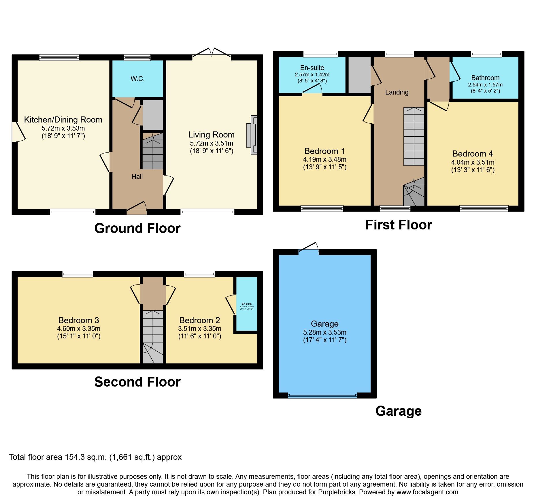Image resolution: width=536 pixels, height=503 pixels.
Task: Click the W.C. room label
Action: point(137,79)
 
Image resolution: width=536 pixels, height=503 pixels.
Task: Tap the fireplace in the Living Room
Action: point(252,135)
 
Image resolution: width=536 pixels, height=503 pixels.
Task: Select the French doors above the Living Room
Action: point(212,53)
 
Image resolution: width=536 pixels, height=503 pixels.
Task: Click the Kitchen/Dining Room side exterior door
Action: point(17,132)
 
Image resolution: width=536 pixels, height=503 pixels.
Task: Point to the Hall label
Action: point(137,177)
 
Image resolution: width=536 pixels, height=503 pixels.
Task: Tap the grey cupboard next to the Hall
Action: point(153,115)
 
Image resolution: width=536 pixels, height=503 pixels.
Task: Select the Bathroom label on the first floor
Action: point(485,78)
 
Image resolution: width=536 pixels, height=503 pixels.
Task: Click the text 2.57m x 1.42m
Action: point(312,74)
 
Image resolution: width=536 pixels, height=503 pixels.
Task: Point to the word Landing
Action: point(397,92)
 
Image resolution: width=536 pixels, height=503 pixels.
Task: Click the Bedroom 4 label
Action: point(473,154)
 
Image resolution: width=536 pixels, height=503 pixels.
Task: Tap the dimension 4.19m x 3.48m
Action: point(324,159)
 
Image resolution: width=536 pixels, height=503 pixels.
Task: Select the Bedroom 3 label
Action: point(79,320)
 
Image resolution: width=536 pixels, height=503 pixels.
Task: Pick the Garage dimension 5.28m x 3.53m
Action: point(324,332)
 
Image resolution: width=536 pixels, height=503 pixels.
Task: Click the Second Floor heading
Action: point(137,382)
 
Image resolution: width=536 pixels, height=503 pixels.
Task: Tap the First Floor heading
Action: point(399,225)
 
